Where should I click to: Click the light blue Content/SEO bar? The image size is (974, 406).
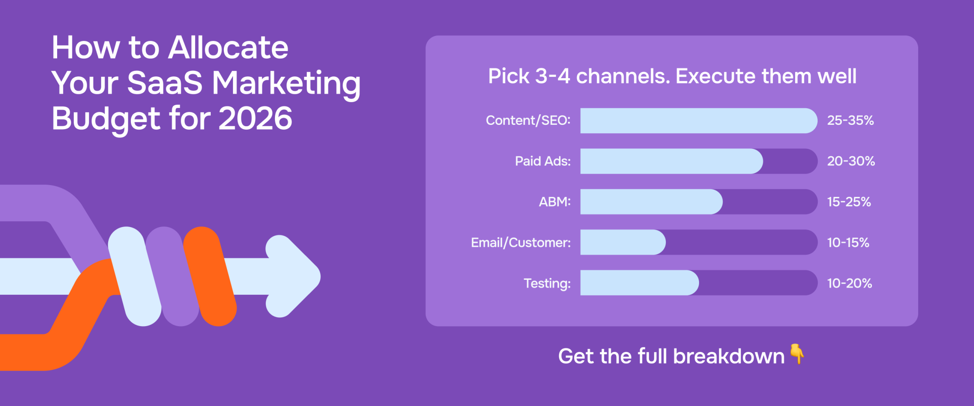(x=698, y=120)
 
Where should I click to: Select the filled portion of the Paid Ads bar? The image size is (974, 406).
(x=671, y=161)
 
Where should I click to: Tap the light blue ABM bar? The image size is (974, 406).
(x=651, y=202)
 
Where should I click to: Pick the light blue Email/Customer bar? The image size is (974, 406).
(x=623, y=242)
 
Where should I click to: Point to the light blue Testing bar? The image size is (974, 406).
(x=639, y=283)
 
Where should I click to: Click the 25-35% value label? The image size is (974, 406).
(x=850, y=120)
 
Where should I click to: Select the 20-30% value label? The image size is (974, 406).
(x=851, y=161)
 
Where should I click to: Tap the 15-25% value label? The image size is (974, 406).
(x=849, y=202)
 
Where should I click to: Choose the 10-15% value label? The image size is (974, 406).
(x=848, y=242)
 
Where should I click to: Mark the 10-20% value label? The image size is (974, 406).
(x=849, y=283)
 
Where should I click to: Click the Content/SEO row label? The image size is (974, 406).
(x=528, y=120)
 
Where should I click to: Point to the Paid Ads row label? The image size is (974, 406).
(x=542, y=161)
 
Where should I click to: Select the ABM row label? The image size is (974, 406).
(x=555, y=202)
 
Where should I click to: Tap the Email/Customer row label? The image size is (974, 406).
(x=521, y=242)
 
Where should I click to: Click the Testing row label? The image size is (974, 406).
(x=547, y=283)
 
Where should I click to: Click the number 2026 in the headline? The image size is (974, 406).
(x=255, y=118)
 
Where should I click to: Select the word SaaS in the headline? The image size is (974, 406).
(x=165, y=83)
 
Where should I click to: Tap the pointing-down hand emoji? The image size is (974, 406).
(x=797, y=354)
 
